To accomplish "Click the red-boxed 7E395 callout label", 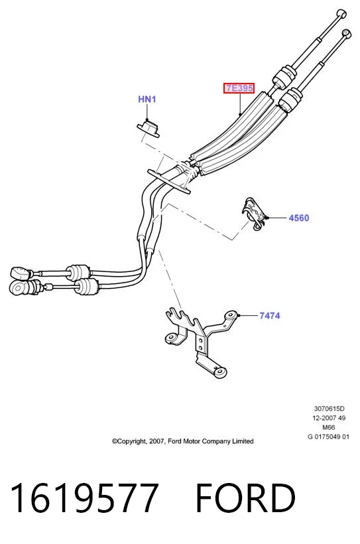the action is [239, 88].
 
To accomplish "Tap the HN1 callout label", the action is [147, 100].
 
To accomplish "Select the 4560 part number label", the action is [298, 218].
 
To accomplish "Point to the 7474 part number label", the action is [269, 316].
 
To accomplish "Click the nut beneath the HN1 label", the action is [149, 127].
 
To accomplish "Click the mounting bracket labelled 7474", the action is [200, 342].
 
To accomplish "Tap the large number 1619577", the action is [85, 498].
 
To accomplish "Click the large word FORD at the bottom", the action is [245, 498].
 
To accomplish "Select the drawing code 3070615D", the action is [329, 409].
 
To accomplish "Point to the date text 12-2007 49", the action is [329, 418].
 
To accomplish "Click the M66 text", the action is [329, 427].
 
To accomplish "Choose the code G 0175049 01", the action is [328, 437].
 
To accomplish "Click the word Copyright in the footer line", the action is [129, 441].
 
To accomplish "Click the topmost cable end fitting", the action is [341, 14].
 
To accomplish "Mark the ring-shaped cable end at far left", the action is [17, 287].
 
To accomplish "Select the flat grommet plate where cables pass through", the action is [169, 181].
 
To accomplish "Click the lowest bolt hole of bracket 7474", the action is [219, 373].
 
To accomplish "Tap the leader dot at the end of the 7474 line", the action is [239, 315].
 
